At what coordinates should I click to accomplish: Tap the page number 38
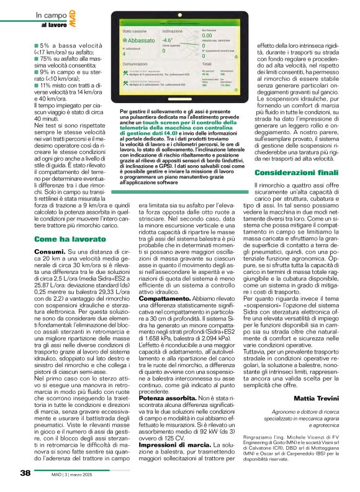(x=25, y=473)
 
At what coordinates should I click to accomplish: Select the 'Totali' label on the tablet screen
(x=208, y=64)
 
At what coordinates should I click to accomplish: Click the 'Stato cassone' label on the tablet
(x=135, y=30)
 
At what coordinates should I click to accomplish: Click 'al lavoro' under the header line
(x=53, y=25)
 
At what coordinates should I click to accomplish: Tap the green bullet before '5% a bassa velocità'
(x=37, y=45)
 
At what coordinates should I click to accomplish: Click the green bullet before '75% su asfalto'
(x=37, y=58)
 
